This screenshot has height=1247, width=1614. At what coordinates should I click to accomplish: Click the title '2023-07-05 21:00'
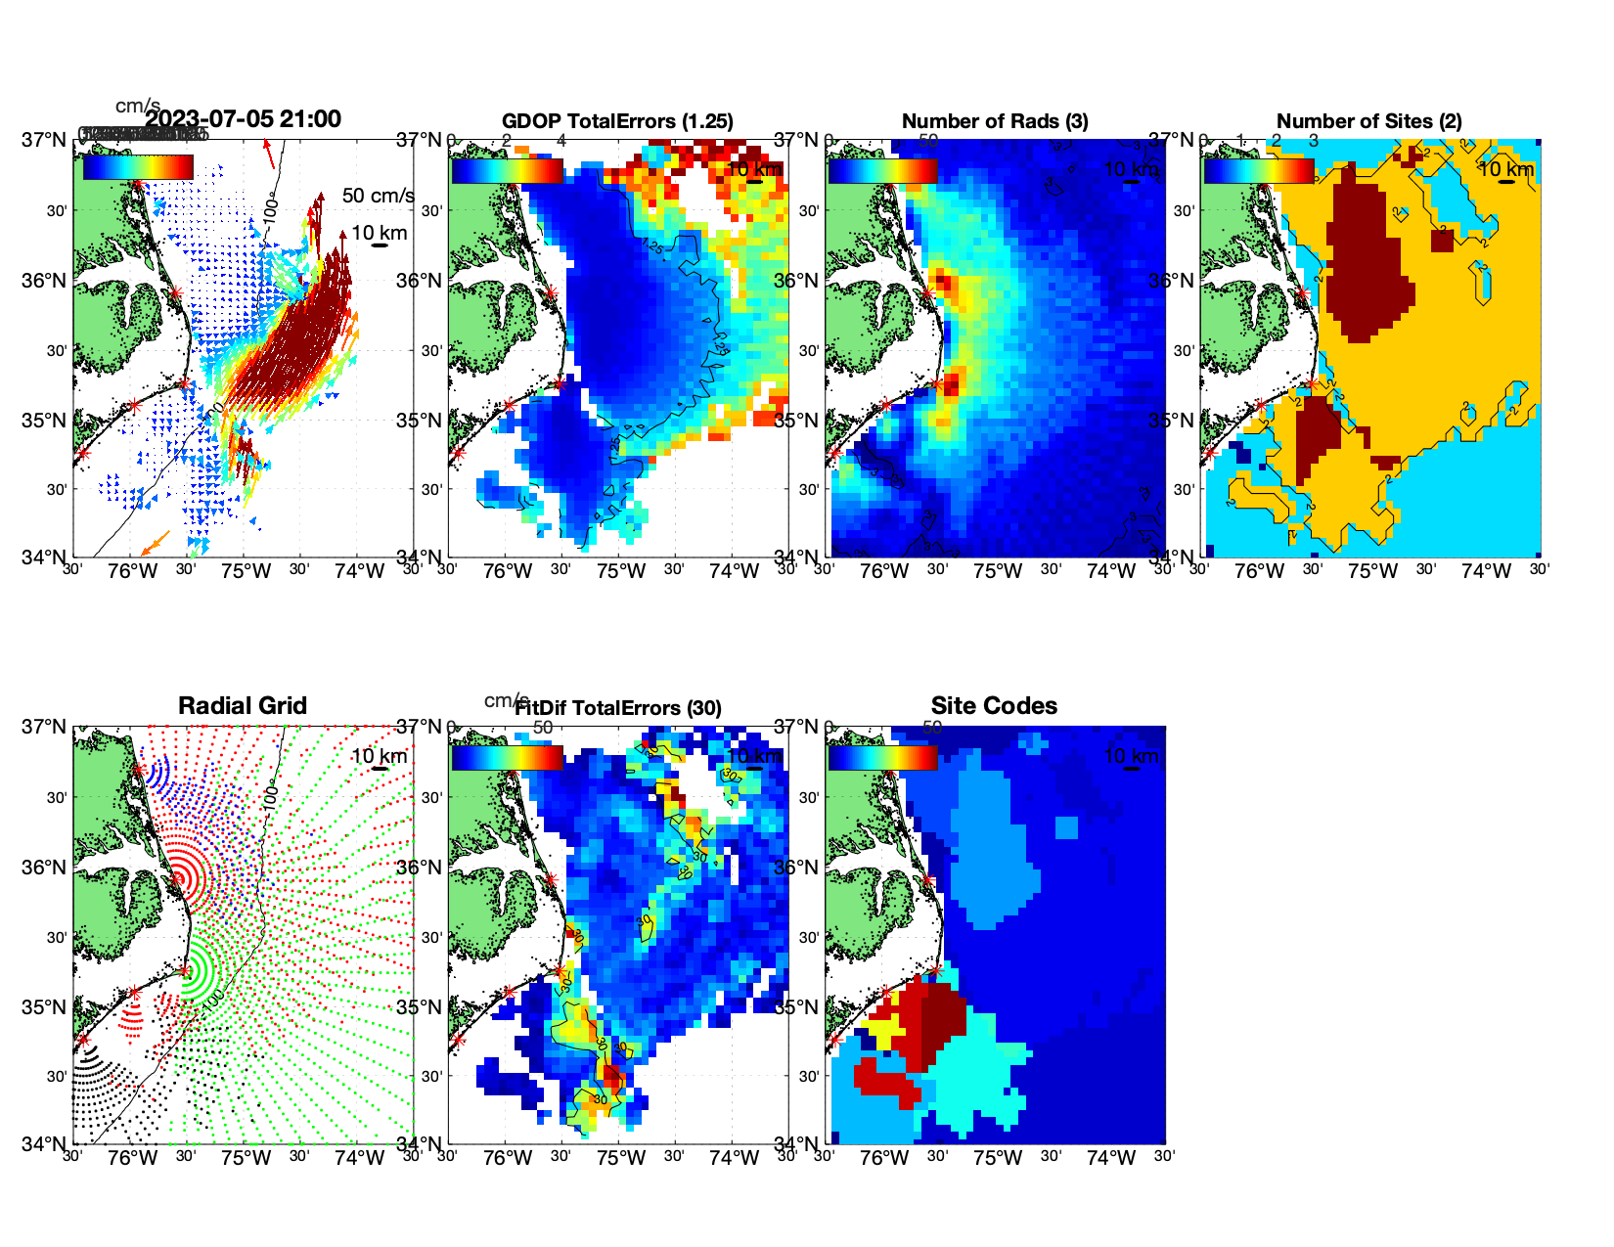[243, 119]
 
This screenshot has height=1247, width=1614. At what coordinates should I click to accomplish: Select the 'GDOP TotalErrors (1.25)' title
[617, 121]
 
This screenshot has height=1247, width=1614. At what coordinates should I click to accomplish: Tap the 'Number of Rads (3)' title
[994, 121]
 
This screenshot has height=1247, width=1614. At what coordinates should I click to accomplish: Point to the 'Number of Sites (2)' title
[1368, 121]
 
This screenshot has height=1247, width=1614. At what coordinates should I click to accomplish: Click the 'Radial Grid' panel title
[243, 706]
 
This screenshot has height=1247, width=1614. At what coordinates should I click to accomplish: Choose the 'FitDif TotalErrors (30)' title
[617, 708]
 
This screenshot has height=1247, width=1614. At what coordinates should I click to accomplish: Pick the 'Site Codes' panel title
[994, 706]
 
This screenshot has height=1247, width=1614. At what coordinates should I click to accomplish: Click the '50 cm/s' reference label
[378, 196]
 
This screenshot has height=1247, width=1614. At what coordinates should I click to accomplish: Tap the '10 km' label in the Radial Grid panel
[379, 756]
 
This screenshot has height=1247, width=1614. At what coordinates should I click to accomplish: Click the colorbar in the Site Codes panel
[882, 758]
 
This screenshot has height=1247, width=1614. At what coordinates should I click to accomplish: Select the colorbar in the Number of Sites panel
[1259, 171]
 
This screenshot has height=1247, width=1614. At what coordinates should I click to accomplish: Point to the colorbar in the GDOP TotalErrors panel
[507, 171]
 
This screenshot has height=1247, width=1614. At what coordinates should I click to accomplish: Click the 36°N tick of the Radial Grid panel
[45, 868]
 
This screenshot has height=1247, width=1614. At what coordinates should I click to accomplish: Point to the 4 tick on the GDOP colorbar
[561, 141]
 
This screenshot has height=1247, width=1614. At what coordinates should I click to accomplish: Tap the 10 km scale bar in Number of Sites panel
[1507, 182]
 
